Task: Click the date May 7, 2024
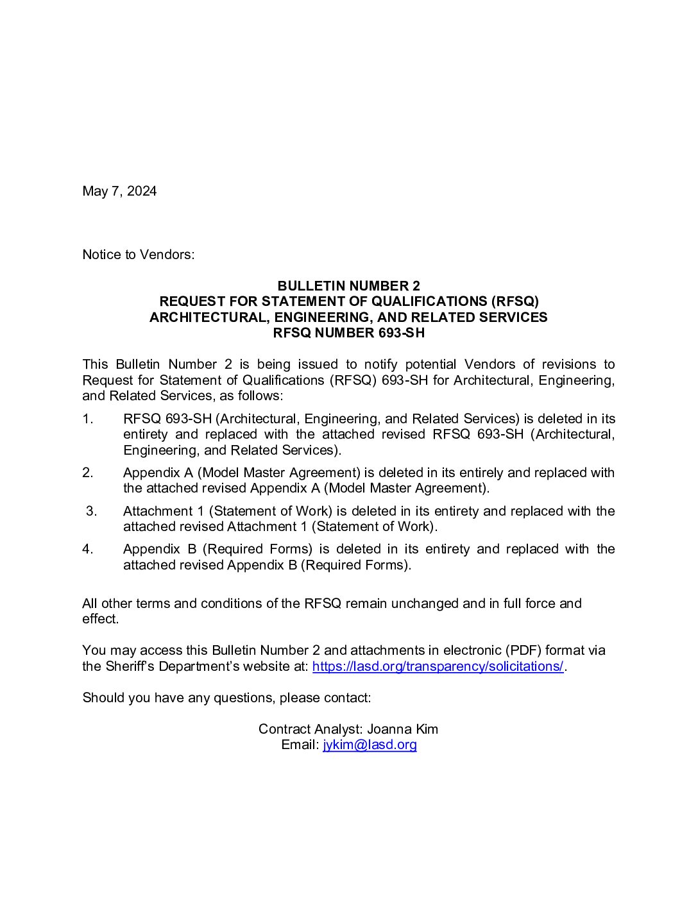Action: (x=119, y=191)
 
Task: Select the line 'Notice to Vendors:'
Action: (x=138, y=255)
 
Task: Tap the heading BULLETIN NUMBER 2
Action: (x=348, y=286)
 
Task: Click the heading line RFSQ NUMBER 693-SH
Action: (x=348, y=333)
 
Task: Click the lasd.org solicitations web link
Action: (x=438, y=666)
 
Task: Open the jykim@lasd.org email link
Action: (x=370, y=745)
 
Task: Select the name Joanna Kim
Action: (x=402, y=729)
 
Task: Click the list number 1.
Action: (x=88, y=419)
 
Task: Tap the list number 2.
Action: (x=88, y=473)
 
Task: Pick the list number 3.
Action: (x=91, y=511)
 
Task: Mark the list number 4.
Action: (x=88, y=549)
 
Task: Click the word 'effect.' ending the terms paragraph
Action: (x=101, y=619)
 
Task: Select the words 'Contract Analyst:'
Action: (x=311, y=729)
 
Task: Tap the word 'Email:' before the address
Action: (x=300, y=745)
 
